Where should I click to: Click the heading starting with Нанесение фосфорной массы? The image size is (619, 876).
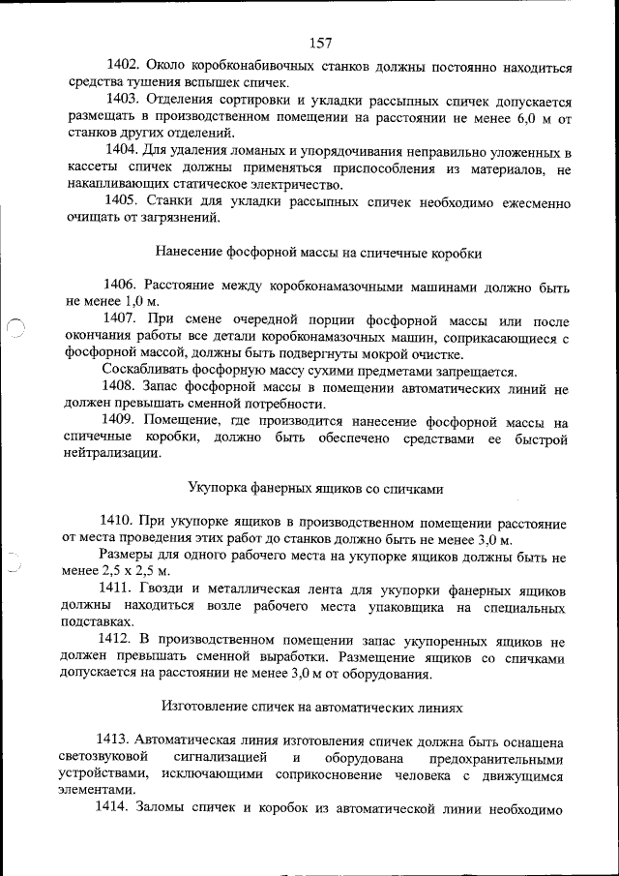(x=318, y=252)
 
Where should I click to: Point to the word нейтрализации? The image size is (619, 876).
(x=106, y=453)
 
